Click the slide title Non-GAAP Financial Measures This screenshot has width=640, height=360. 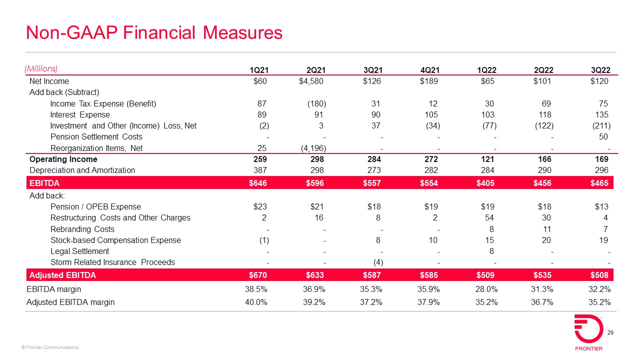click(154, 33)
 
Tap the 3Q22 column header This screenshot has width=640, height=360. click(600, 70)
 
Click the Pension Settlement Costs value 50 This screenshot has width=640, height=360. click(603, 137)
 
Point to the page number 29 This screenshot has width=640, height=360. click(610, 333)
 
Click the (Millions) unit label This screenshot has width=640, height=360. click(41, 68)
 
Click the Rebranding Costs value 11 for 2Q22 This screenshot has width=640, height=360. click(546, 229)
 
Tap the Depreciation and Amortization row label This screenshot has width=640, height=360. click(82, 170)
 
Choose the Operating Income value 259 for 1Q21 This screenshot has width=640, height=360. click(260, 159)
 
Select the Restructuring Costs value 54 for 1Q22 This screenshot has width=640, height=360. click(489, 218)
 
